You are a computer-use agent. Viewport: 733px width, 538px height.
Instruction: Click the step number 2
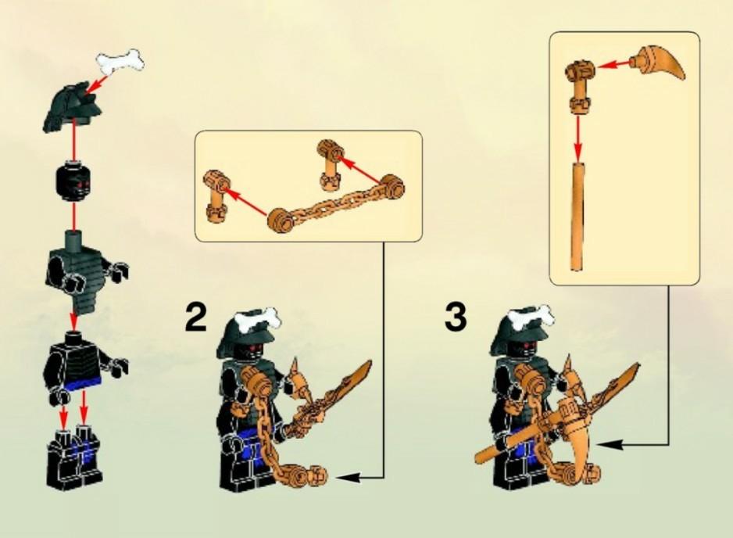pyautogui.click(x=196, y=318)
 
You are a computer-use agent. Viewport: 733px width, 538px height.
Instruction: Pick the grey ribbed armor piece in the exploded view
pyautogui.click(x=80, y=274)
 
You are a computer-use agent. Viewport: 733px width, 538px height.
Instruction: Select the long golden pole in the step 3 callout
pyautogui.click(x=577, y=215)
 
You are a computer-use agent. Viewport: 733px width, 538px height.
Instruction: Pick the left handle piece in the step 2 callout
pyautogui.click(x=216, y=195)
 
